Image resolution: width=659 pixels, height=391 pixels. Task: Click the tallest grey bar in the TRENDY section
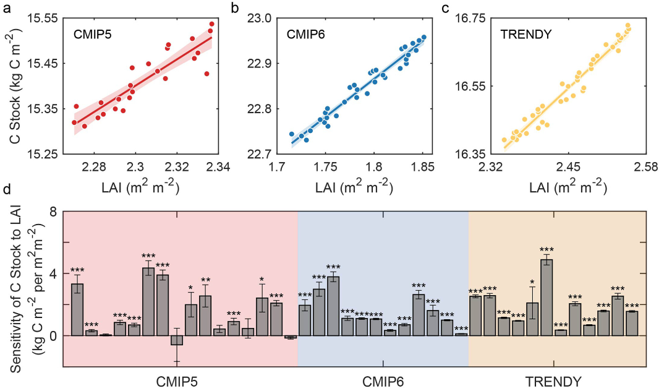[x=546, y=297]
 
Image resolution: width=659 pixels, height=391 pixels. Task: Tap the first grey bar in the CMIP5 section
[x=77, y=309]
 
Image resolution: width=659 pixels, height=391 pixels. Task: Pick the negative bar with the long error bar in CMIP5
[x=177, y=340]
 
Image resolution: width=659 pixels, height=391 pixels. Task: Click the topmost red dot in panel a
[x=211, y=24]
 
